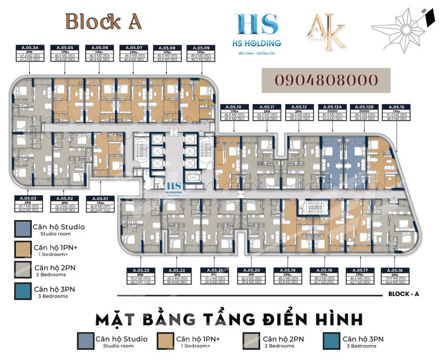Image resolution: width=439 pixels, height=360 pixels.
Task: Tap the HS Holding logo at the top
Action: [x=258, y=30]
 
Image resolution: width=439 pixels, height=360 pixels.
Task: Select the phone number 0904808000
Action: [x=326, y=80]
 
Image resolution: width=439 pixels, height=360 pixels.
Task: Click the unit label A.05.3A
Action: [x=29, y=48]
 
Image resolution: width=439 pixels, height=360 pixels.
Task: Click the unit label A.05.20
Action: [x=252, y=270]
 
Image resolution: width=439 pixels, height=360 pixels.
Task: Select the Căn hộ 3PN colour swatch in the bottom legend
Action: [x=332, y=341]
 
